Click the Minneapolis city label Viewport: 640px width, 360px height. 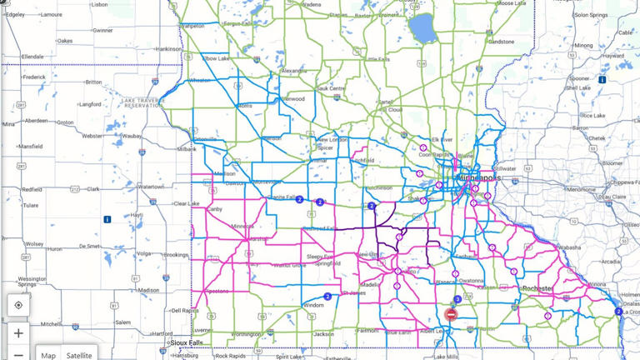pyautogui.click(x=478, y=178)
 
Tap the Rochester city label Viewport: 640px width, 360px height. pyautogui.click(x=537, y=288)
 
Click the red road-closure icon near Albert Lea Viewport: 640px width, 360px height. pyautogui.click(x=451, y=314)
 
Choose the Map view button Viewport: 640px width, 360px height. pyautogui.click(x=48, y=355)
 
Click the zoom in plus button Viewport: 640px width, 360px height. pyautogui.click(x=18, y=333)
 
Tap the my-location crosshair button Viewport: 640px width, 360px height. pyautogui.click(x=18, y=306)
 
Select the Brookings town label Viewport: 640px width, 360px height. pyautogui.click(x=176, y=254)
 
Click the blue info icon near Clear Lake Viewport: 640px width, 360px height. pyautogui.click(x=107, y=220)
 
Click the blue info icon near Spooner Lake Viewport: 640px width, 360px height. pyautogui.click(x=601, y=80)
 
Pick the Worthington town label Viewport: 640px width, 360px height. pyautogui.click(x=246, y=335)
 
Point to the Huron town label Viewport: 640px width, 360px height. pyautogui.click(x=54, y=248)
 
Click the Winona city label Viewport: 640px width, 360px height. pyautogui.click(x=597, y=285)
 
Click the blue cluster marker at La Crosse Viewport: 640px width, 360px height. pyautogui.click(x=618, y=312)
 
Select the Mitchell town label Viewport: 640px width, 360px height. pyautogui.click(x=50, y=323)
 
